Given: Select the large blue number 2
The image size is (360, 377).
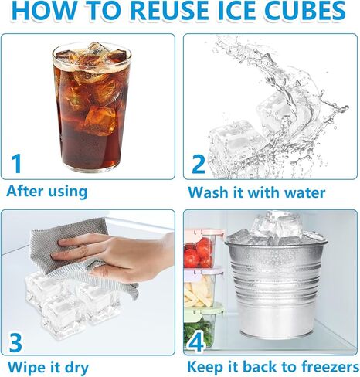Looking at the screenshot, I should pyautogui.click(x=199, y=163).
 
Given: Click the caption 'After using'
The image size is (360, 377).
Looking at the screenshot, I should pyautogui.click(x=47, y=190).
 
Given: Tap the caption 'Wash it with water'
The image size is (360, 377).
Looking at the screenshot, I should pyautogui.click(x=256, y=192).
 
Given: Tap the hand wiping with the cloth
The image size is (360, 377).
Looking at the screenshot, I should pyautogui.click(x=116, y=252).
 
